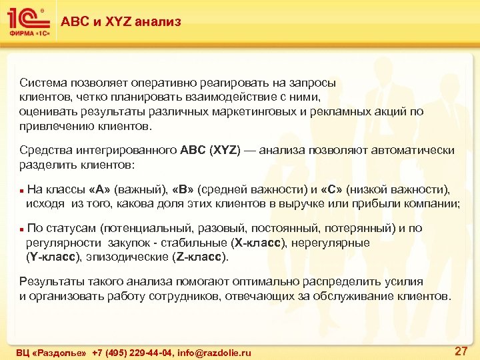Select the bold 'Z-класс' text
[x=201, y=256]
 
